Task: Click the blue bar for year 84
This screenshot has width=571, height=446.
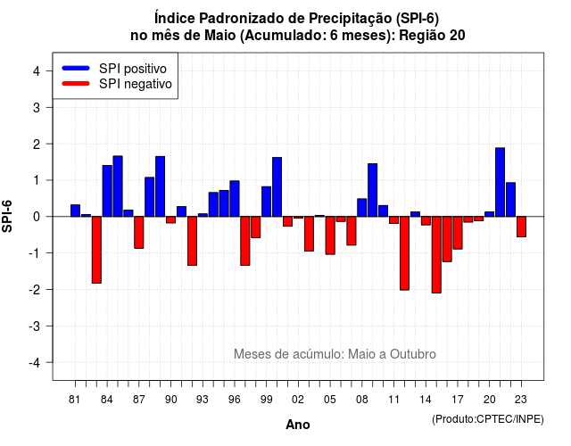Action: point(107,191)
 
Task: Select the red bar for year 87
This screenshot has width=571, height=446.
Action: point(139,233)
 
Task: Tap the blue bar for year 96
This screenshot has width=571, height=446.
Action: point(235,199)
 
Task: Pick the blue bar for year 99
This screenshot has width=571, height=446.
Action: point(266,202)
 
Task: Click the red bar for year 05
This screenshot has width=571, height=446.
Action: point(330,235)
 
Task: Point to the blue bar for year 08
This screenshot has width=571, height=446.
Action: point(362,208)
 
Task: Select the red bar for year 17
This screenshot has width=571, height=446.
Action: point(458,233)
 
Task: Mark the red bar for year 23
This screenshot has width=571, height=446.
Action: point(521,227)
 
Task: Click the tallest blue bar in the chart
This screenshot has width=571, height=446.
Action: point(500,182)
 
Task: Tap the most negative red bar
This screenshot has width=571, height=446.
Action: point(436,255)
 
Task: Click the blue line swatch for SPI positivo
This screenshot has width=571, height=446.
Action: point(76,68)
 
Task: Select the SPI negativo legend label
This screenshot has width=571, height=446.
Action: point(136,84)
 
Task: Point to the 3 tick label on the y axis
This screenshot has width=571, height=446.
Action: point(37,108)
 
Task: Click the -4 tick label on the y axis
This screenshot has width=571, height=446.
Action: point(35,363)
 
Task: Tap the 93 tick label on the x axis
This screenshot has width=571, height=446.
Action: point(203,400)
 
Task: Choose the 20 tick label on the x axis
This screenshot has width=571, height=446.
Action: point(490,400)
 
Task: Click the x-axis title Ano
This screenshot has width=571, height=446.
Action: point(298,425)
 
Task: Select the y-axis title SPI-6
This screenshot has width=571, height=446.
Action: point(7,216)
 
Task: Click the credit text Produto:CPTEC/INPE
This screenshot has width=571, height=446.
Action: point(488,419)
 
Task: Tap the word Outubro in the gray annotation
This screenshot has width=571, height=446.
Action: point(413,354)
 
